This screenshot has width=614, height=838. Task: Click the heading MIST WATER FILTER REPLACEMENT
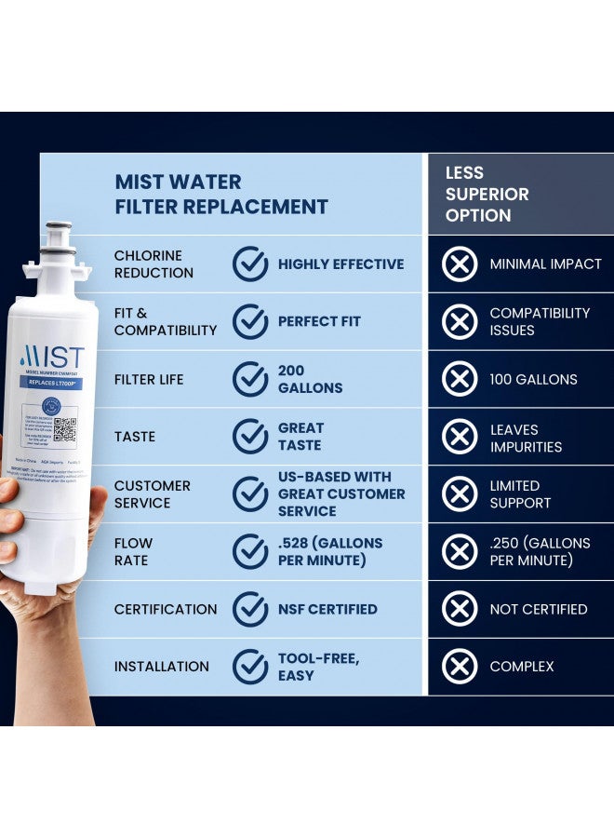[x=221, y=194]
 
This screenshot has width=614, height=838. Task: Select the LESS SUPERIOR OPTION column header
[x=487, y=194]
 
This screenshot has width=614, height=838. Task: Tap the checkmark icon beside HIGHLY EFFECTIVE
[x=250, y=264]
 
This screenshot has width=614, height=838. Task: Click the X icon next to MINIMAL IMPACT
[x=460, y=264]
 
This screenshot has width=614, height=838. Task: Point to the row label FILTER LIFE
[x=149, y=379]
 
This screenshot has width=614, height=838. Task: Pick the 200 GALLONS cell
[x=310, y=379]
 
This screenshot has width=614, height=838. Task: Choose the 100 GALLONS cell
[x=533, y=379]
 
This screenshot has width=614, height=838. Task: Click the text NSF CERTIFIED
[x=327, y=609]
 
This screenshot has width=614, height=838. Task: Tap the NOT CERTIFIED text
[x=539, y=609]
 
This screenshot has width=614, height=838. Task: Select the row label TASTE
[x=135, y=437]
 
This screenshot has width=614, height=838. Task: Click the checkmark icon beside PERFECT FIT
[x=250, y=321]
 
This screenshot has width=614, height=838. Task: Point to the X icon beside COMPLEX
[x=460, y=667]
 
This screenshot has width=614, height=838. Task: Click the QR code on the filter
[x=64, y=430]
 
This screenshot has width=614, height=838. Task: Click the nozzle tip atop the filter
[x=59, y=228]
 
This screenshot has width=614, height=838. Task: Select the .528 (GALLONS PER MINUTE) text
[x=330, y=551]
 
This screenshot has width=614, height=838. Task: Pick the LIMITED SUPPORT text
[x=520, y=494]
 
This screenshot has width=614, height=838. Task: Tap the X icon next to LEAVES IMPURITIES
[x=460, y=437]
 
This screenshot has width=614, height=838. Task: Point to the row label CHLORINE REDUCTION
[x=153, y=264]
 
